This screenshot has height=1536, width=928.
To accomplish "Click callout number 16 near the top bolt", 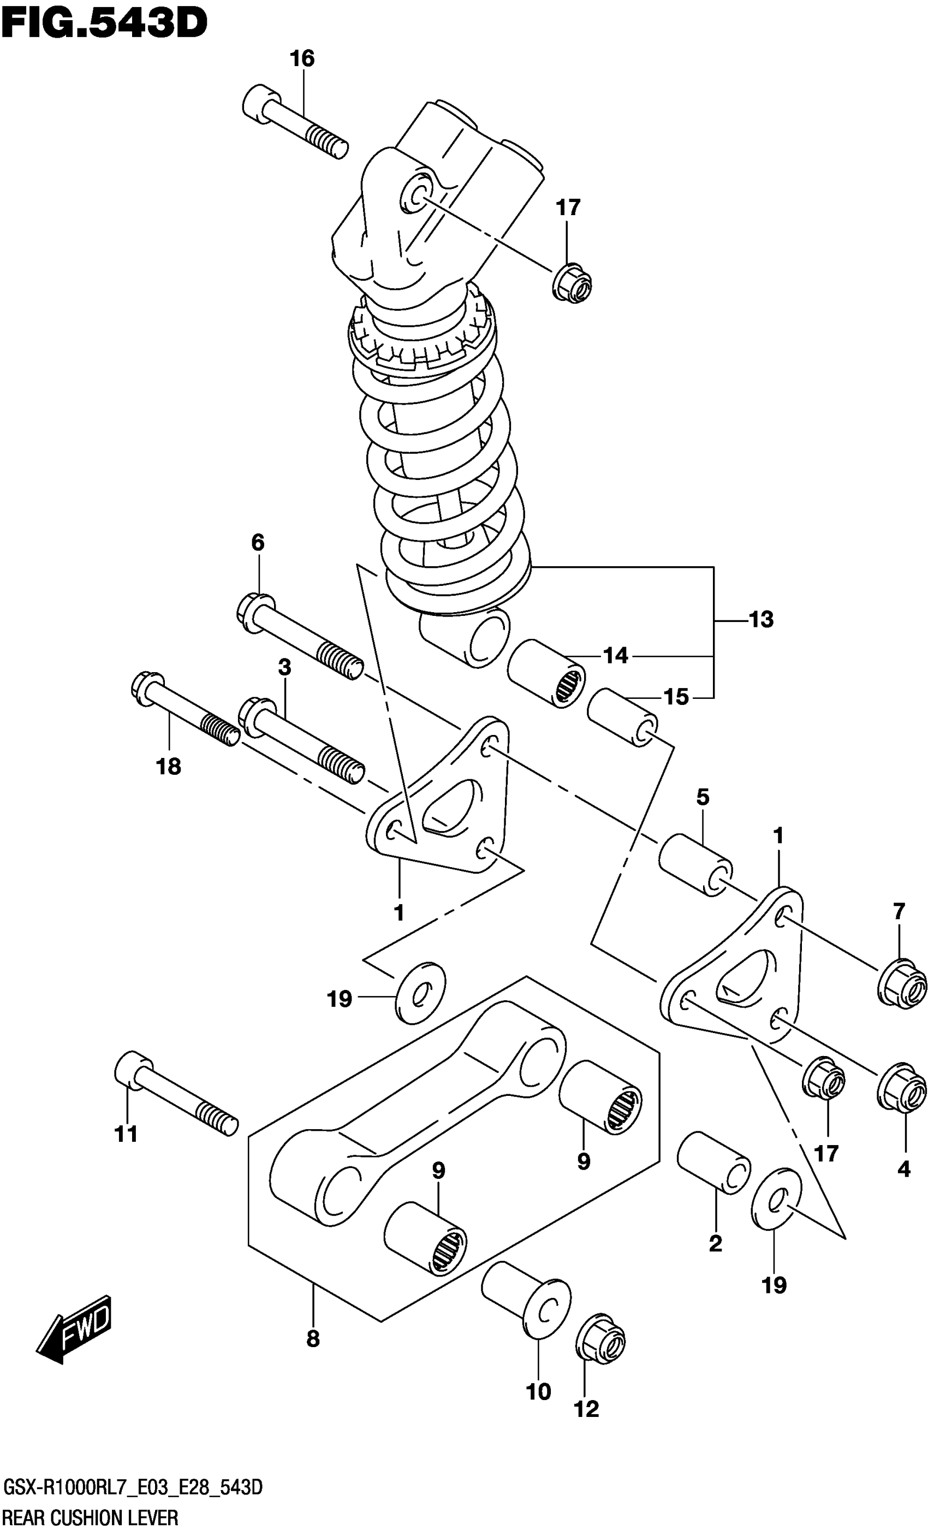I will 302,59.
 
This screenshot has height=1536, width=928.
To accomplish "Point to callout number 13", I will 761,620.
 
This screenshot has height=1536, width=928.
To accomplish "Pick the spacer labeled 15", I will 622,717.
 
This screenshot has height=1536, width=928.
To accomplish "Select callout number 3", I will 284,668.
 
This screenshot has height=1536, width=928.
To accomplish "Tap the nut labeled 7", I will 902,985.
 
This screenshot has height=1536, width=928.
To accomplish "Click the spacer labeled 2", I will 713,1162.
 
